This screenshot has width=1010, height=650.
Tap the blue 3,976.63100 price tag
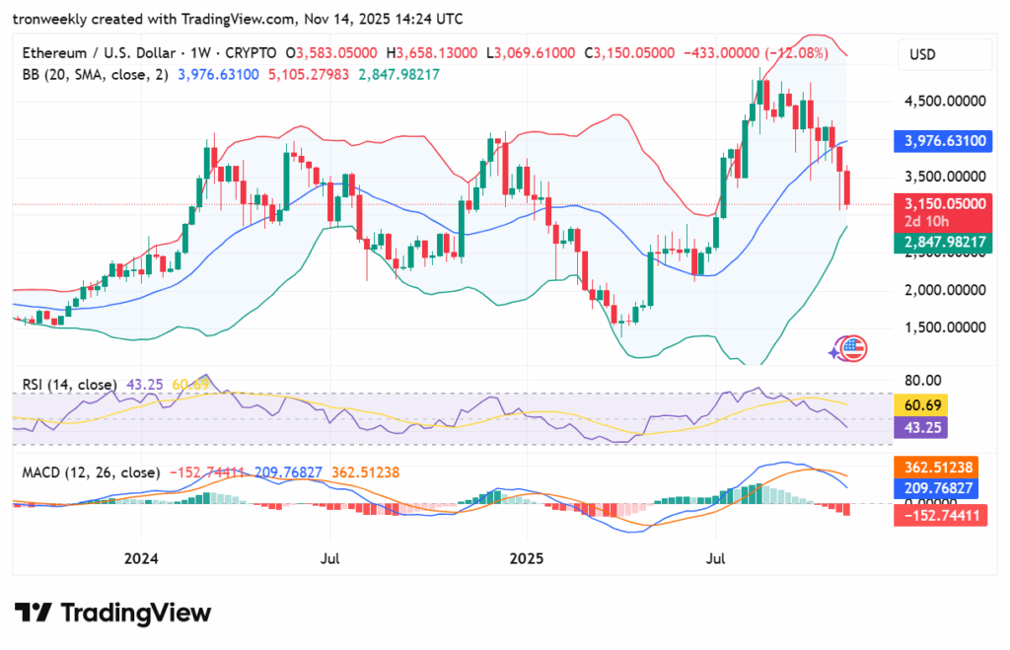click(x=945, y=141)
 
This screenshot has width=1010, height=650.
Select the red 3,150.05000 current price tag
click(x=945, y=203)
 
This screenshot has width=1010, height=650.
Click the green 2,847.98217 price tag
click(x=945, y=242)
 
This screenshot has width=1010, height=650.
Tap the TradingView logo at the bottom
click(x=112, y=613)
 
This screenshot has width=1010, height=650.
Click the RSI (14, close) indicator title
click(x=69, y=384)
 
